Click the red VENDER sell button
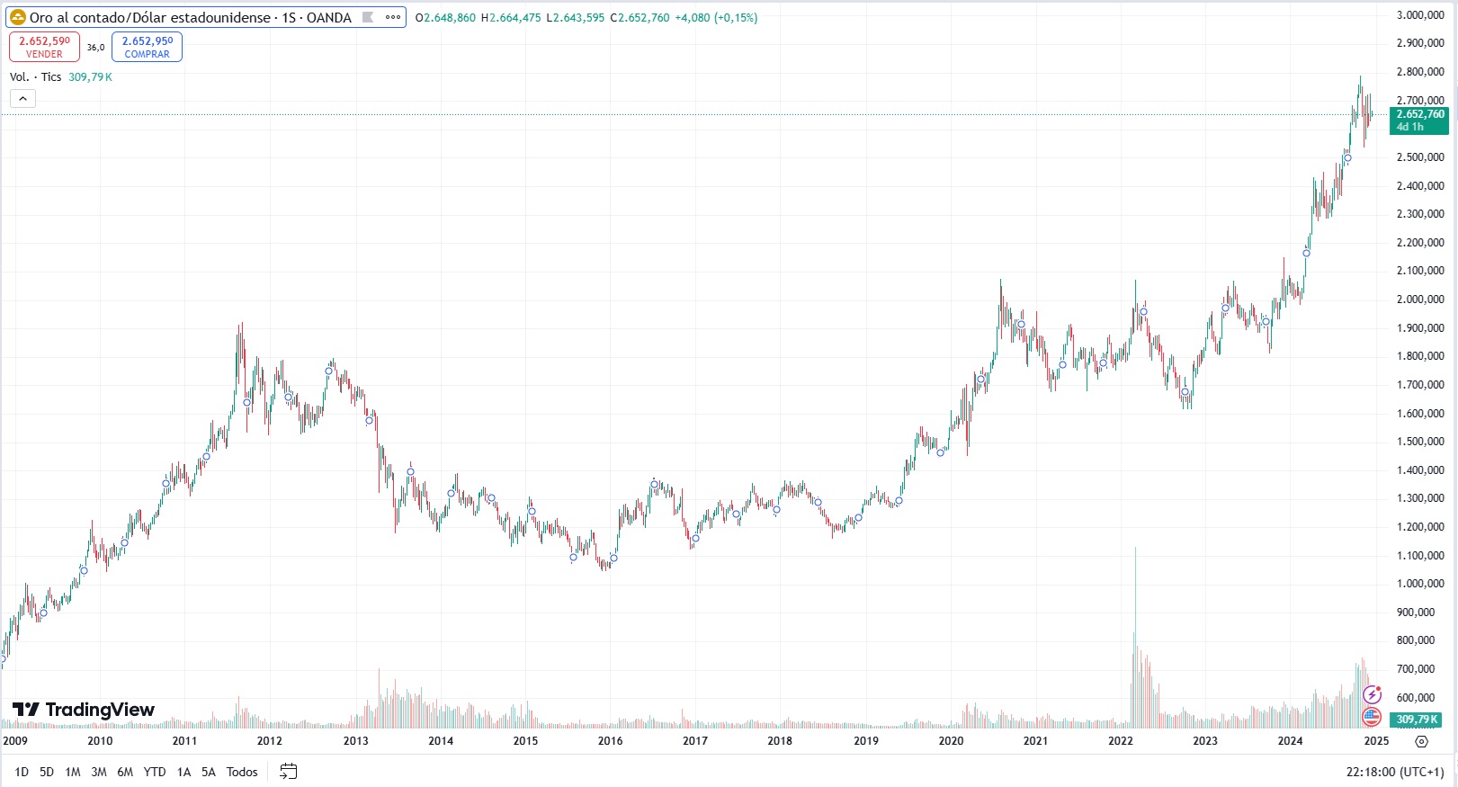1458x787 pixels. coord(44,47)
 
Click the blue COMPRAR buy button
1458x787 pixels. coord(147,47)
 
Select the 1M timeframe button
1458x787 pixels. coord(73,772)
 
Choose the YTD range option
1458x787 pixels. coord(155,772)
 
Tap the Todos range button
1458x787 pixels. coord(242,772)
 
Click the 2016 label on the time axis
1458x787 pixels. coord(610,741)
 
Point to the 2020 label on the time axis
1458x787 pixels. coord(951,741)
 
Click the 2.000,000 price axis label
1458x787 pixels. coord(1420,300)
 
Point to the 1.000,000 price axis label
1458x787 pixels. coord(1420,584)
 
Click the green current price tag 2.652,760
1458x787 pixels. coord(1419,120)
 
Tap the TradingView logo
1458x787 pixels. coord(85,710)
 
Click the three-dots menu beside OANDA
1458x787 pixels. coord(393,17)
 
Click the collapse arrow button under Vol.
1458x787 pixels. coord(22,99)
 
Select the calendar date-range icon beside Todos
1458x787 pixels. coord(288,772)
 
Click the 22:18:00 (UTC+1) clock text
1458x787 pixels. coord(1394,772)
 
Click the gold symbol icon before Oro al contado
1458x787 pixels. coord(17,17)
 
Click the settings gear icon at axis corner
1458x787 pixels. coord(1421,741)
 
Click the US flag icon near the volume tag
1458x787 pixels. coord(1372,717)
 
